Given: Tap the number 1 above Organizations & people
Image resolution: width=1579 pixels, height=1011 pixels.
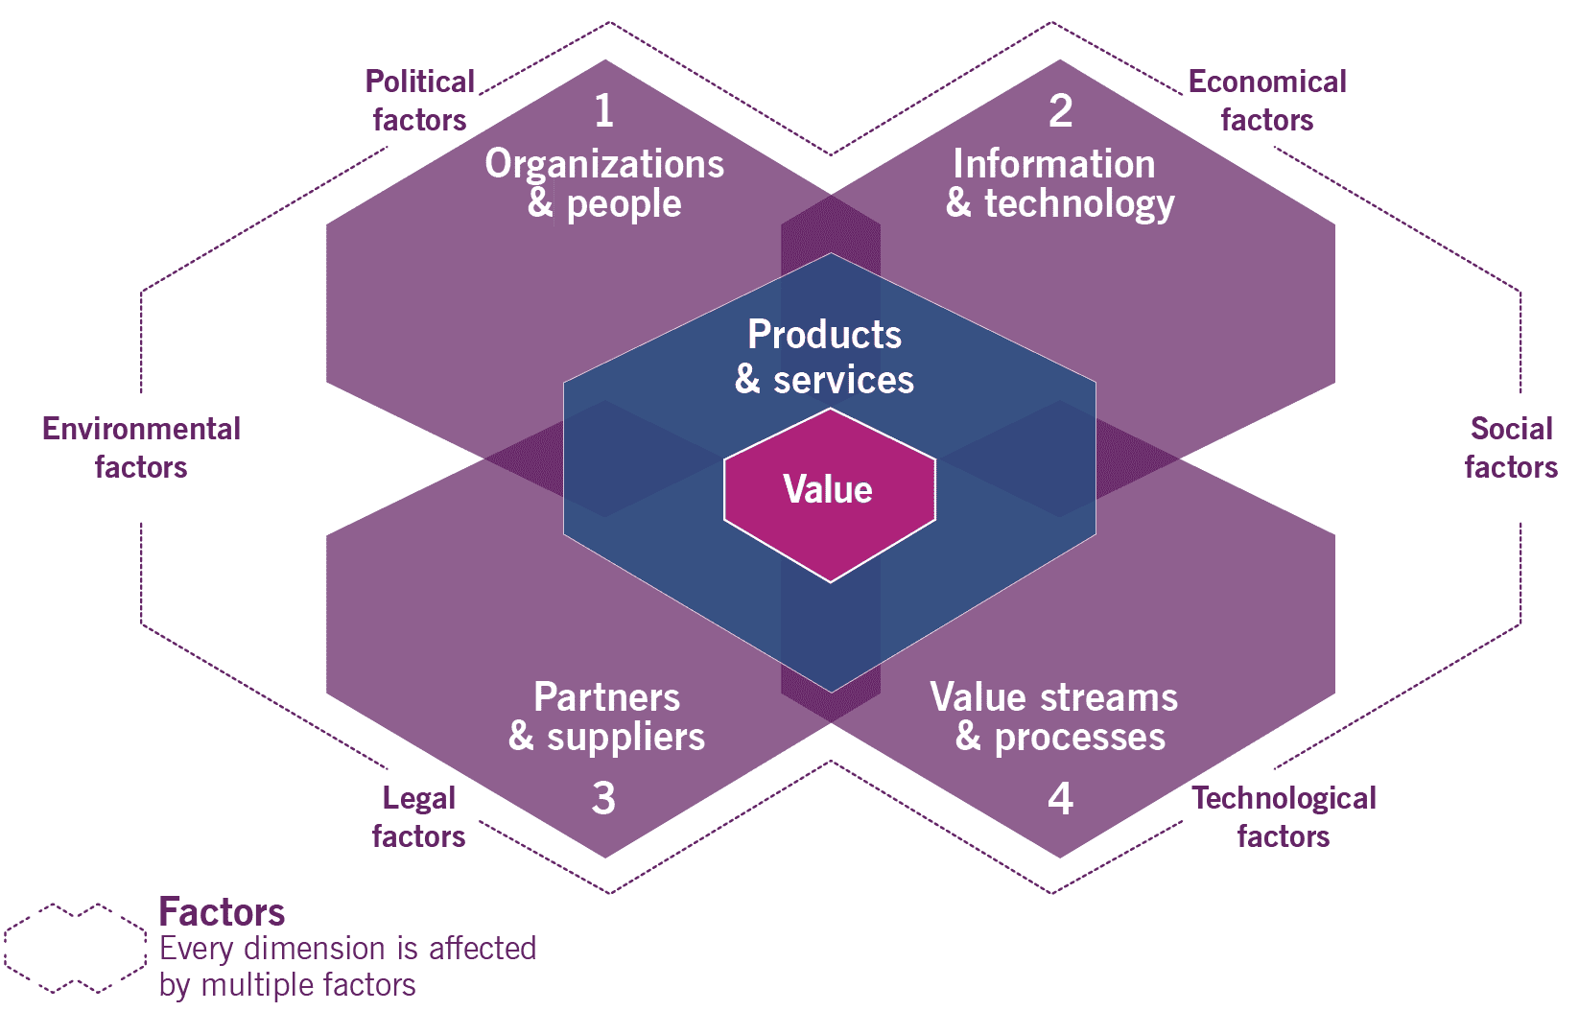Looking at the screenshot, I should (x=603, y=111).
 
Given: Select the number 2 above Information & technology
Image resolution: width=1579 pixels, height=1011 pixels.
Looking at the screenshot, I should (x=1060, y=111).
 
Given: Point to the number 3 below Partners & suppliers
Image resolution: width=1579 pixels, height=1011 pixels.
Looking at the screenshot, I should (x=603, y=798).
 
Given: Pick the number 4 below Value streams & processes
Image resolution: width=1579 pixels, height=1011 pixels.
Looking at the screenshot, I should (x=1060, y=798).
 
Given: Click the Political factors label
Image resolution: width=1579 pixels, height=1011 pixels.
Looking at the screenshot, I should (x=420, y=101).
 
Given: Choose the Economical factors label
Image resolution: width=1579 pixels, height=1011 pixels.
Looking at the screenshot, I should (x=1267, y=101).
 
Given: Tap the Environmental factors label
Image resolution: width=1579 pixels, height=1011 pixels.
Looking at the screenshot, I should (x=141, y=448).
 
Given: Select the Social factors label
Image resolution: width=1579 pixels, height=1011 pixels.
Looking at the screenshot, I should (x=1511, y=448).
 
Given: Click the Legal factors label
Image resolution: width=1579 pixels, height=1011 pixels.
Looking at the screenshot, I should (x=419, y=817).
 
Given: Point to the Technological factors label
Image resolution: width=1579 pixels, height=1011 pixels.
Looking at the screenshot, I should (x=1284, y=817).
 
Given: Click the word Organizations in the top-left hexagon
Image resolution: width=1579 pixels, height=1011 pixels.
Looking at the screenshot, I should (x=604, y=165).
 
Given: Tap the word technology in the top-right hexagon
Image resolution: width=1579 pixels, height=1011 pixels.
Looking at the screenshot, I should (x=1079, y=204).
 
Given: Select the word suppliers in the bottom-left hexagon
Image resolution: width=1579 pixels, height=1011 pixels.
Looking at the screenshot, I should (x=625, y=738).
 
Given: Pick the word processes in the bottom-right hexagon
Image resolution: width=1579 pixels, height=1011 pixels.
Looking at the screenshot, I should (x=1079, y=738).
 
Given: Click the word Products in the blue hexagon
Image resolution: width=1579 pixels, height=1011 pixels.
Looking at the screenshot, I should (x=824, y=335).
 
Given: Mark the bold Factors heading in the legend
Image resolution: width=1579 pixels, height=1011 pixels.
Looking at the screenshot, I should (x=222, y=911).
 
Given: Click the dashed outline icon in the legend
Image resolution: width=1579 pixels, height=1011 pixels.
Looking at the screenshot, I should (x=75, y=948).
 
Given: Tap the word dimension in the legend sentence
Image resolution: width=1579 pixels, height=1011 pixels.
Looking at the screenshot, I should (x=314, y=949).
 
